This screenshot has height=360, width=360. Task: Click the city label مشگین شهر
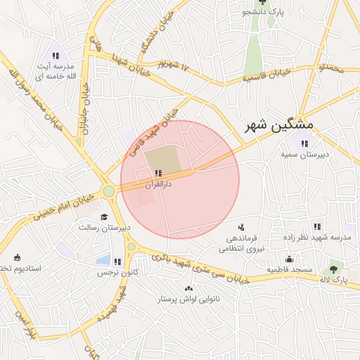point(279,126)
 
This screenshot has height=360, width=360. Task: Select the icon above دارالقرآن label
point(158,172)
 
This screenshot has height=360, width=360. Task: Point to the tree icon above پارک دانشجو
point(262,3)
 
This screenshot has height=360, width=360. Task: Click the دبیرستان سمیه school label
point(304,153)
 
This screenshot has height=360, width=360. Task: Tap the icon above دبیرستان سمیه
point(304,143)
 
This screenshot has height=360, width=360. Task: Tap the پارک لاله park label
point(333,279)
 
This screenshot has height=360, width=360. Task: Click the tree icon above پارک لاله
point(333,269)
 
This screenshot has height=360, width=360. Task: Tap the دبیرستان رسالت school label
point(104,227)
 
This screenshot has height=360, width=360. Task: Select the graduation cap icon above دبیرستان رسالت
point(104,217)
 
